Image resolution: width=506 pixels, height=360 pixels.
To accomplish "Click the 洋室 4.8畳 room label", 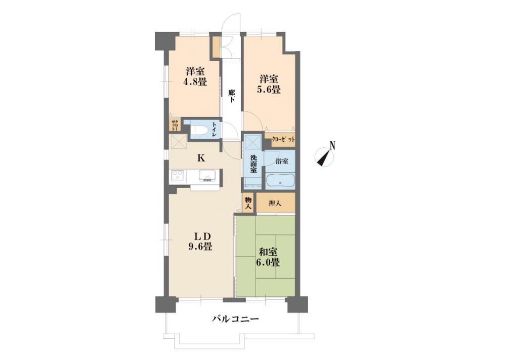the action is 195,76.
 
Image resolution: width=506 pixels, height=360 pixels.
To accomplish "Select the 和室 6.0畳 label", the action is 268,257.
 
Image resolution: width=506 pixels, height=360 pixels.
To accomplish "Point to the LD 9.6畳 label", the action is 200,241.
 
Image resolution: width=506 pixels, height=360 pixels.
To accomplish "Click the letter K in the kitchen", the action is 201,158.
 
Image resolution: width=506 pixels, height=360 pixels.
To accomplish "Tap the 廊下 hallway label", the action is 231,96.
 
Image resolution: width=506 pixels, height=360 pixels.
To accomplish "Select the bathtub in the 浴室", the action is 280,181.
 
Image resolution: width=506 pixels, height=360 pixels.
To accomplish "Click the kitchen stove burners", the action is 177,176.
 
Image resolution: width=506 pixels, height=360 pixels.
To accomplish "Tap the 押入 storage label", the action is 275,204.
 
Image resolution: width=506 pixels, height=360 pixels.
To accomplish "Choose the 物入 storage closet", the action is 248,203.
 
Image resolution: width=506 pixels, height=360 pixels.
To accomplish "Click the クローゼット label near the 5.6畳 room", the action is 283,140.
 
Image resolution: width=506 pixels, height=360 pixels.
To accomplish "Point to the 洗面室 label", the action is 254,164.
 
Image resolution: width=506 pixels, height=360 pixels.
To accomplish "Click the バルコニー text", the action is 235,319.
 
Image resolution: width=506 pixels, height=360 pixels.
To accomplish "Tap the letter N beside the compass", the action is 332,146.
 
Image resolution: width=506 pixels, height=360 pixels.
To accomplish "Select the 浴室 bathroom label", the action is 282,162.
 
